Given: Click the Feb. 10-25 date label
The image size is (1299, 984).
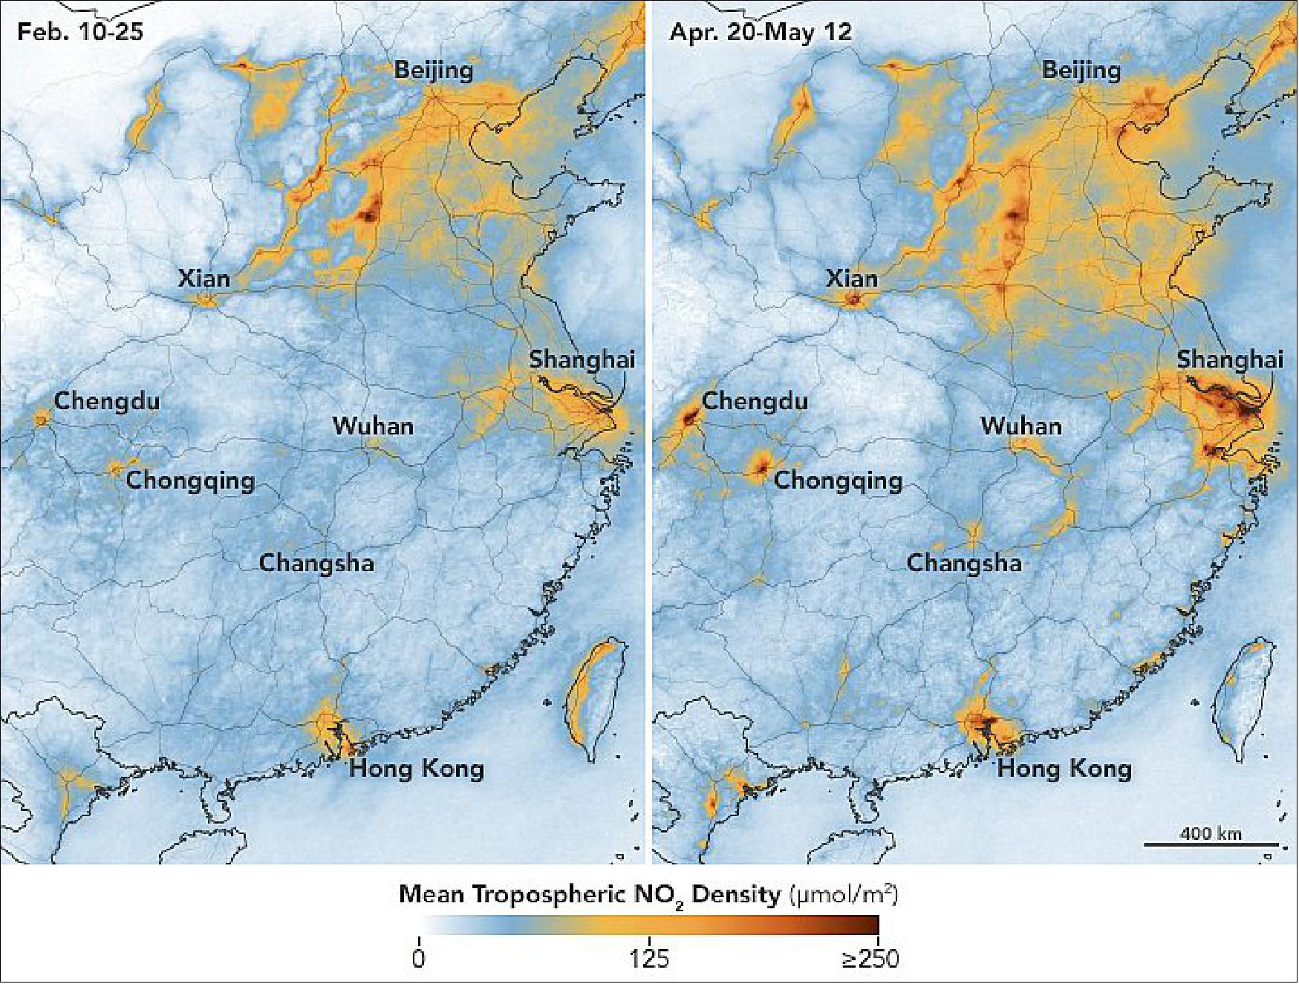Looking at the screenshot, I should point(79,32).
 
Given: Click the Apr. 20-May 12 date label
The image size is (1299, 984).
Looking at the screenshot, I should point(761,32).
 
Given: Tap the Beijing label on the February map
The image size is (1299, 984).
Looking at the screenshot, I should point(434,70).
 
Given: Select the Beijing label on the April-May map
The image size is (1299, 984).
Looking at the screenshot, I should point(1081,70).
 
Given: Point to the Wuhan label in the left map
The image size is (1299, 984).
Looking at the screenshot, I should point(373,426).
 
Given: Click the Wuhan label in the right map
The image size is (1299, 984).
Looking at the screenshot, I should point(1021,426).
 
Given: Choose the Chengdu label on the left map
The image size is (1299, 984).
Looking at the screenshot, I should point(107,401).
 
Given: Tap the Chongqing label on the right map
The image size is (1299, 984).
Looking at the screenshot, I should point(839,480).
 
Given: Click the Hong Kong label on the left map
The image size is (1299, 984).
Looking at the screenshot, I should point(417,768).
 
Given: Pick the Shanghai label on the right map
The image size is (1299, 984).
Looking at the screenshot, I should point(1230,359).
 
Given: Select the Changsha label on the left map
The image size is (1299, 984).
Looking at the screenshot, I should point(316,563).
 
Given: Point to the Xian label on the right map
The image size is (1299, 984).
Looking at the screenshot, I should point(852,279).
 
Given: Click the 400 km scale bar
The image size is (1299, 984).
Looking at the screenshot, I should point(1211,843).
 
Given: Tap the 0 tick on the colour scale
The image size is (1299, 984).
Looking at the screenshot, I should point(419,958).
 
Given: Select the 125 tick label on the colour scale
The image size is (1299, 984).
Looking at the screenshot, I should point(649,958).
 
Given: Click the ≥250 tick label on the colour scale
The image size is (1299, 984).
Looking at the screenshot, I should point(870,958).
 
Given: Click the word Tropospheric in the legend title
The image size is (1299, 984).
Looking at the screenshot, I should point(545,895).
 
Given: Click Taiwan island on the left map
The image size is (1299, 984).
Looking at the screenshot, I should point(590,698).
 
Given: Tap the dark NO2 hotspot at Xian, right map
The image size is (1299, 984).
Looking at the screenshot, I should point(854,300).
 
